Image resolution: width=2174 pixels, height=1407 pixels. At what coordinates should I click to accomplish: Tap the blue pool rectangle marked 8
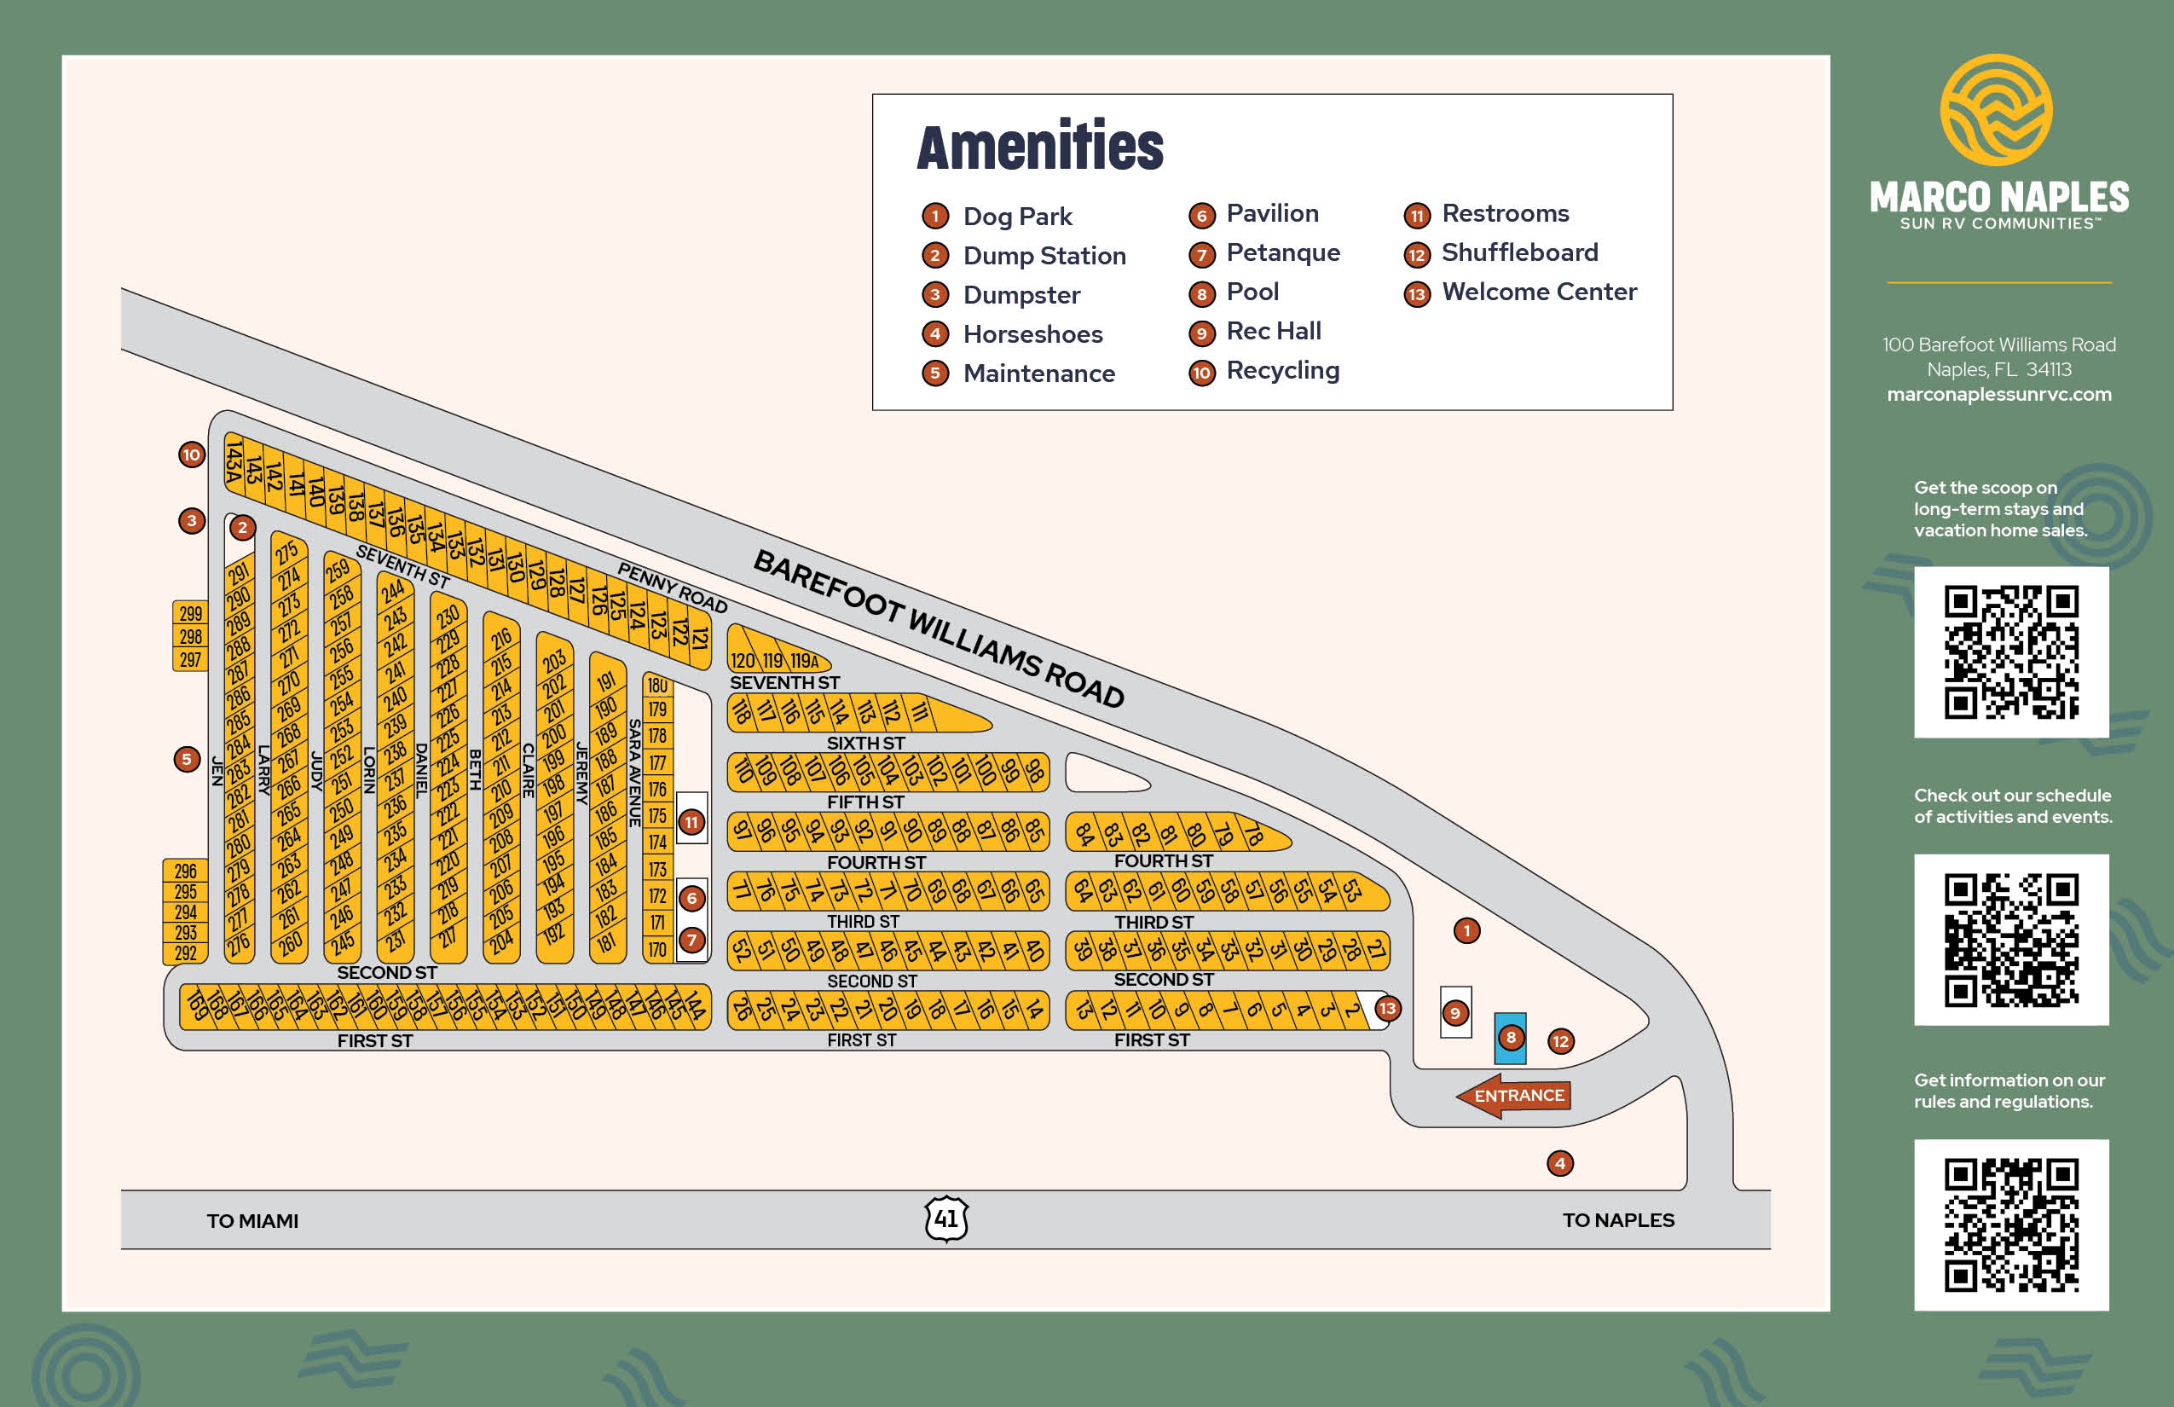(x=1510, y=1038)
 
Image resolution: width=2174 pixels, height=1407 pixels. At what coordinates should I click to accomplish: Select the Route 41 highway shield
(x=946, y=1219)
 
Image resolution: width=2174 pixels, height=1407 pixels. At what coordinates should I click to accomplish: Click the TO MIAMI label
(x=252, y=1220)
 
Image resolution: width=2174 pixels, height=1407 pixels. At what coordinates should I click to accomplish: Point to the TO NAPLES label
(x=1618, y=1219)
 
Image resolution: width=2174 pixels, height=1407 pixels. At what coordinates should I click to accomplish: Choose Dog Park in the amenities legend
(x=1016, y=217)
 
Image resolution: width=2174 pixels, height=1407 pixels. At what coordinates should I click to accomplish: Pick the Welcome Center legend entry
(x=1538, y=292)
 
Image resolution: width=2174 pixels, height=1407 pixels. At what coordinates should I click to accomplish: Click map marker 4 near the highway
(x=1559, y=1163)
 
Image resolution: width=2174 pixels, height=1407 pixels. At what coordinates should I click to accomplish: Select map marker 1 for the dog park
(x=1466, y=931)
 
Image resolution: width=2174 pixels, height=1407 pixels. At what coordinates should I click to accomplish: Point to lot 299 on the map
(x=190, y=613)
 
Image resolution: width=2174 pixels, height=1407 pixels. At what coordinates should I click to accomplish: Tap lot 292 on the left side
(x=186, y=953)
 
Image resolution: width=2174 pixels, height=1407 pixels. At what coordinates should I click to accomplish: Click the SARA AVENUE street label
(x=634, y=773)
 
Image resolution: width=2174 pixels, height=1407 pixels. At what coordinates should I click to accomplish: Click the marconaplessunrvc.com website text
(x=1998, y=395)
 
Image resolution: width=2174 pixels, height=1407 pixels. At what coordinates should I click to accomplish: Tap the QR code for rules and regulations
(x=2010, y=1225)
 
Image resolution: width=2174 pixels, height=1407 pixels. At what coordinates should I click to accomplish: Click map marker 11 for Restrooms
(x=691, y=822)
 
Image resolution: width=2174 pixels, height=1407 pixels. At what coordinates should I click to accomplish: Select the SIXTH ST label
(x=865, y=743)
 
